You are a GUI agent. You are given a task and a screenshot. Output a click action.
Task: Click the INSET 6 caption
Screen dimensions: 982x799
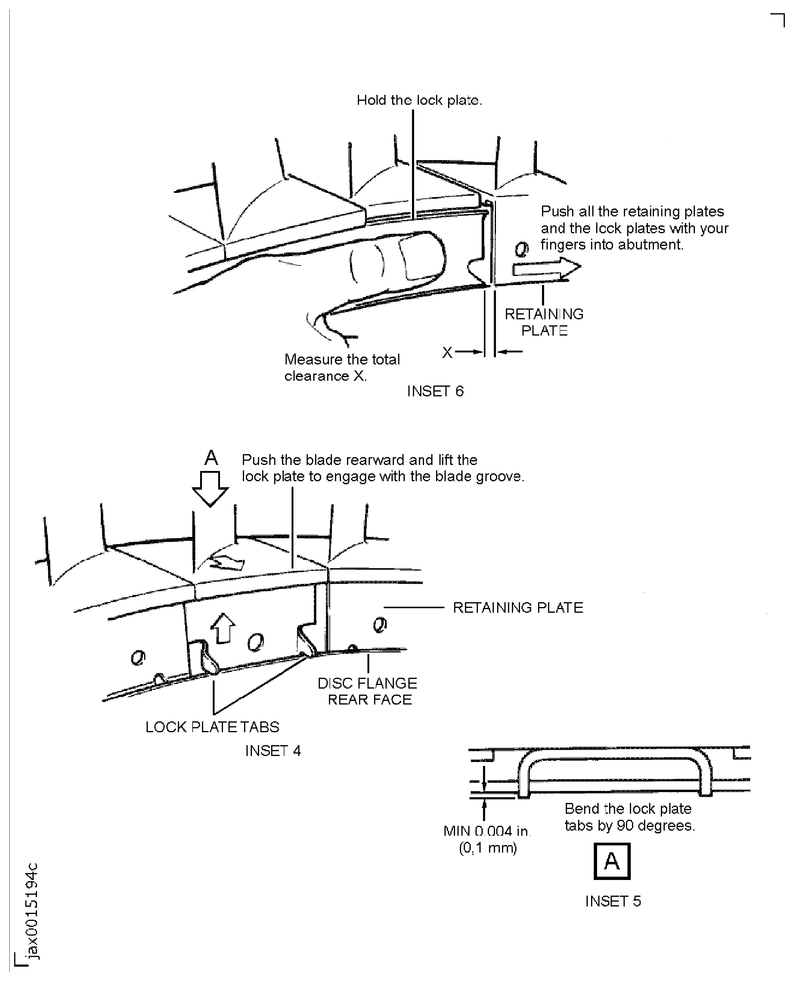point(435,391)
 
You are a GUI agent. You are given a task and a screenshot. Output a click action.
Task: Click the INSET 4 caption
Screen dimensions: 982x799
point(272,751)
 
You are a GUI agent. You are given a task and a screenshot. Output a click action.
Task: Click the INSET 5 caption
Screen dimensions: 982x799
point(613,901)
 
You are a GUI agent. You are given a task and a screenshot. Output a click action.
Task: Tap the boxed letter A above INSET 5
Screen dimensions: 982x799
point(612,861)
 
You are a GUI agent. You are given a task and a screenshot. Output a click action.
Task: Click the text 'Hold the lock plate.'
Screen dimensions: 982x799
point(419,100)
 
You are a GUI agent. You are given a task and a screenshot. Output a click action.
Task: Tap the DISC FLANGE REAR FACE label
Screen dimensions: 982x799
point(368,691)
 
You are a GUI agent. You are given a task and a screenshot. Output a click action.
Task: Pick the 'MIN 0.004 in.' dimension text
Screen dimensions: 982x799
point(487,831)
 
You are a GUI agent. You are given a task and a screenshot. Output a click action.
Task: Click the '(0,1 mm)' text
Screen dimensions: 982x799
point(488,848)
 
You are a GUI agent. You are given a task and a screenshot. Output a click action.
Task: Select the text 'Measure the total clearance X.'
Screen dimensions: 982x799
point(342,367)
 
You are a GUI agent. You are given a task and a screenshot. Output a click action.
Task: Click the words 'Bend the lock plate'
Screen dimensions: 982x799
point(628,809)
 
